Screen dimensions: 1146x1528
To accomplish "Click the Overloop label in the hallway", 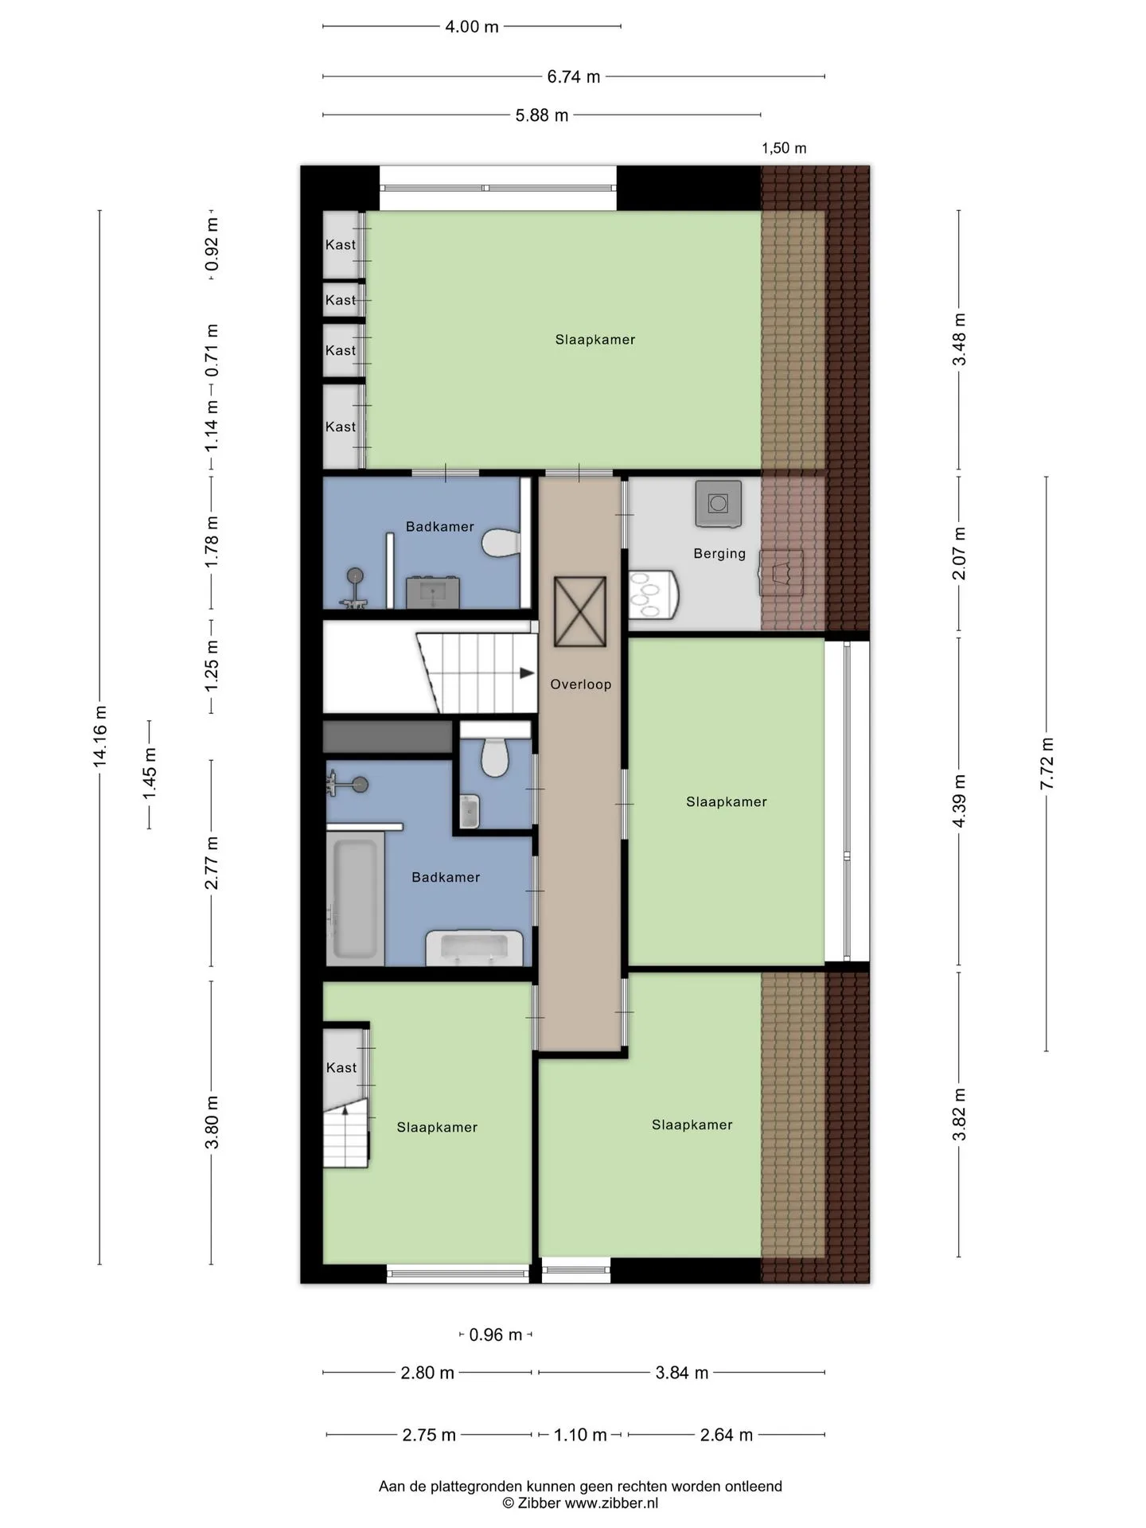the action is [x=581, y=684].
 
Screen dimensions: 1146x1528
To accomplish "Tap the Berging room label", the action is [x=719, y=553].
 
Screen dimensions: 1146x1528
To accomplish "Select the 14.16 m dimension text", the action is [x=99, y=736].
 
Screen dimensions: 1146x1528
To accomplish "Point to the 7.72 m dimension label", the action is [x=1047, y=763].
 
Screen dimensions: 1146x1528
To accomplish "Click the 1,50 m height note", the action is [x=784, y=148].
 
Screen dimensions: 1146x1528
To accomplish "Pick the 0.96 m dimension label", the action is [x=495, y=1335].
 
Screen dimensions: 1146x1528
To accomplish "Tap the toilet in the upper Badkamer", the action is [x=501, y=543].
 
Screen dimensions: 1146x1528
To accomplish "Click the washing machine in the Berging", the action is [x=718, y=503].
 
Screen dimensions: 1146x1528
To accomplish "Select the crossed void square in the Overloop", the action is [x=580, y=612].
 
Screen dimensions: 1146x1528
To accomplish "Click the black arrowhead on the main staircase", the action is [x=527, y=673].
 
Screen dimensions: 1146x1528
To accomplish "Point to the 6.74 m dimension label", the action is [x=573, y=77].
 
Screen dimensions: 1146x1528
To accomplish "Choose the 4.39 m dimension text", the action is [x=959, y=801].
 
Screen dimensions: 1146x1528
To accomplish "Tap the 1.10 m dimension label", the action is [x=580, y=1435].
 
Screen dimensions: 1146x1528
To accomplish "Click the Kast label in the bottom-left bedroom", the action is [x=341, y=1068].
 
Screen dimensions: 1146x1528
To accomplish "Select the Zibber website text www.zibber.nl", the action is [x=611, y=1503].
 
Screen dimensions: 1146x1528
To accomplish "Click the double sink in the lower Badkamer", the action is [x=474, y=947].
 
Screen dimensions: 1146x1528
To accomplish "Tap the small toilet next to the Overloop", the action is [x=495, y=757].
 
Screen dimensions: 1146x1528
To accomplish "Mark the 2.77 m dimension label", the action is [x=211, y=863].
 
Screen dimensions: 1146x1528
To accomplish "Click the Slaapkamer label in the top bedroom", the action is [x=595, y=340].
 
